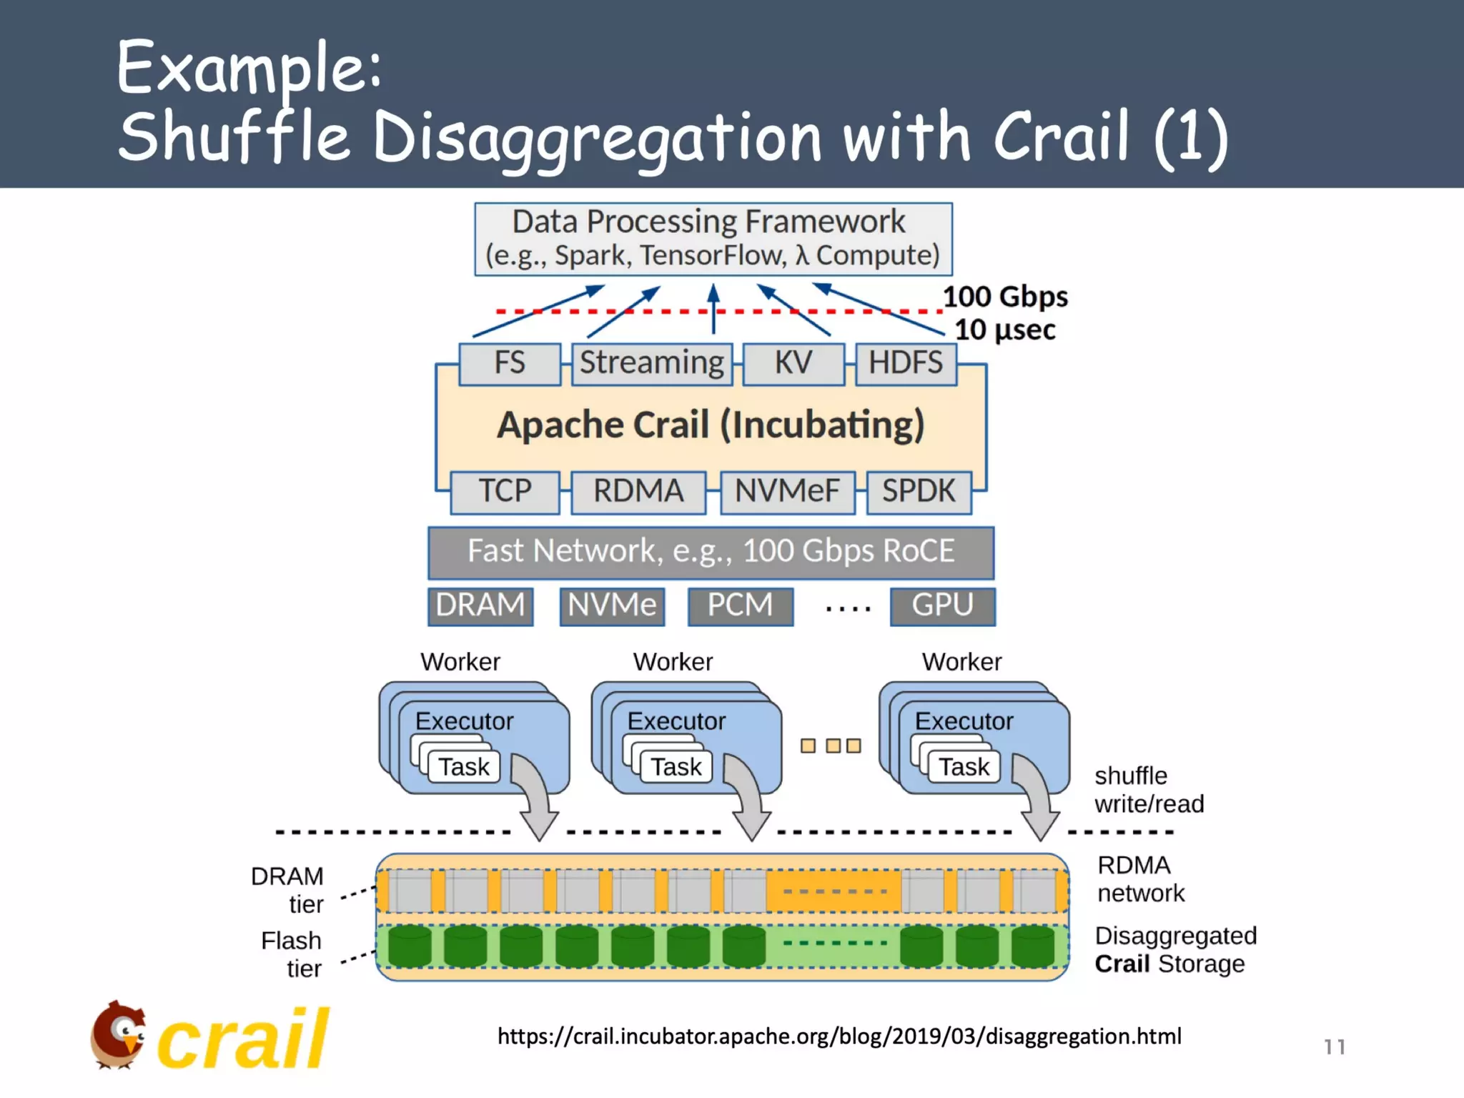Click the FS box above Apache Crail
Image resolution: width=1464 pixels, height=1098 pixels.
click(x=509, y=363)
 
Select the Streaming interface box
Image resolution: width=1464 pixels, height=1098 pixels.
click(x=651, y=363)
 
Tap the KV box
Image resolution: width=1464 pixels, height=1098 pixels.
click(x=793, y=363)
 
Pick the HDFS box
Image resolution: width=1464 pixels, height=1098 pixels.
click(x=905, y=363)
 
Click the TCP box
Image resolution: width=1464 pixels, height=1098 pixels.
click(x=505, y=492)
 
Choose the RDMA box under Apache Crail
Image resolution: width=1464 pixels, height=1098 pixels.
click(x=638, y=492)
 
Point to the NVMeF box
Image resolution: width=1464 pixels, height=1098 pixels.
click(x=787, y=492)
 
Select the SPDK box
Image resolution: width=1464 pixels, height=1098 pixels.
click(x=918, y=492)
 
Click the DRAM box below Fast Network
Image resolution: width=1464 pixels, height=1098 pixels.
click(x=480, y=606)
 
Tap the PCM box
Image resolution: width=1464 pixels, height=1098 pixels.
click(x=740, y=606)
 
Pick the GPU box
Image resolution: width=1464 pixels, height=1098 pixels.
click(x=942, y=606)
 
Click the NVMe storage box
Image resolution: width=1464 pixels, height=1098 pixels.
click(x=612, y=606)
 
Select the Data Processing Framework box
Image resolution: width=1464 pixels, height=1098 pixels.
click(x=713, y=239)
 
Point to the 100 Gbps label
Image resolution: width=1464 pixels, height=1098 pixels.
click(x=1004, y=297)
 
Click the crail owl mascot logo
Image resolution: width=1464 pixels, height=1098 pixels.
click(x=119, y=1035)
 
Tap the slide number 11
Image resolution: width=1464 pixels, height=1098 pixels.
click(x=1334, y=1047)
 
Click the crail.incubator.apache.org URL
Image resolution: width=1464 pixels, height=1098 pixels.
click(x=839, y=1037)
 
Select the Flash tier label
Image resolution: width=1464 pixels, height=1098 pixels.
click(x=292, y=954)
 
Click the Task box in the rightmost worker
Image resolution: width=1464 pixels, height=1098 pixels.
click(x=963, y=767)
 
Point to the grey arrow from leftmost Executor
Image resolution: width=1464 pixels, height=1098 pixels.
click(x=535, y=797)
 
